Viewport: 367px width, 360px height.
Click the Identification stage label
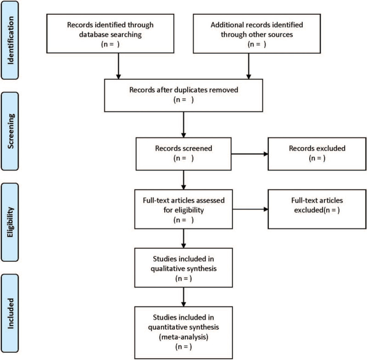(10, 40)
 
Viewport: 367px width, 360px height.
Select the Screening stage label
(10, 131)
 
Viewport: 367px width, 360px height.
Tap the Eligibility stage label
(10, 222)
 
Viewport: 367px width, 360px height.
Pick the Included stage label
(10, 313)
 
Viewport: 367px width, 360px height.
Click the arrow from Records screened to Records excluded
(250, 154)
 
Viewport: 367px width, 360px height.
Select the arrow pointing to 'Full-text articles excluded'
(250, 209)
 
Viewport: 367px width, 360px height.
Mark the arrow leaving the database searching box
(118, 66)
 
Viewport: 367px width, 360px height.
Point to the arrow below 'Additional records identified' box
(249, 66)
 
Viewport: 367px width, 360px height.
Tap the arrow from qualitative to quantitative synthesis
(183, 297)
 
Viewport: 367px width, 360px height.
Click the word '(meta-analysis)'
(183, 337)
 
